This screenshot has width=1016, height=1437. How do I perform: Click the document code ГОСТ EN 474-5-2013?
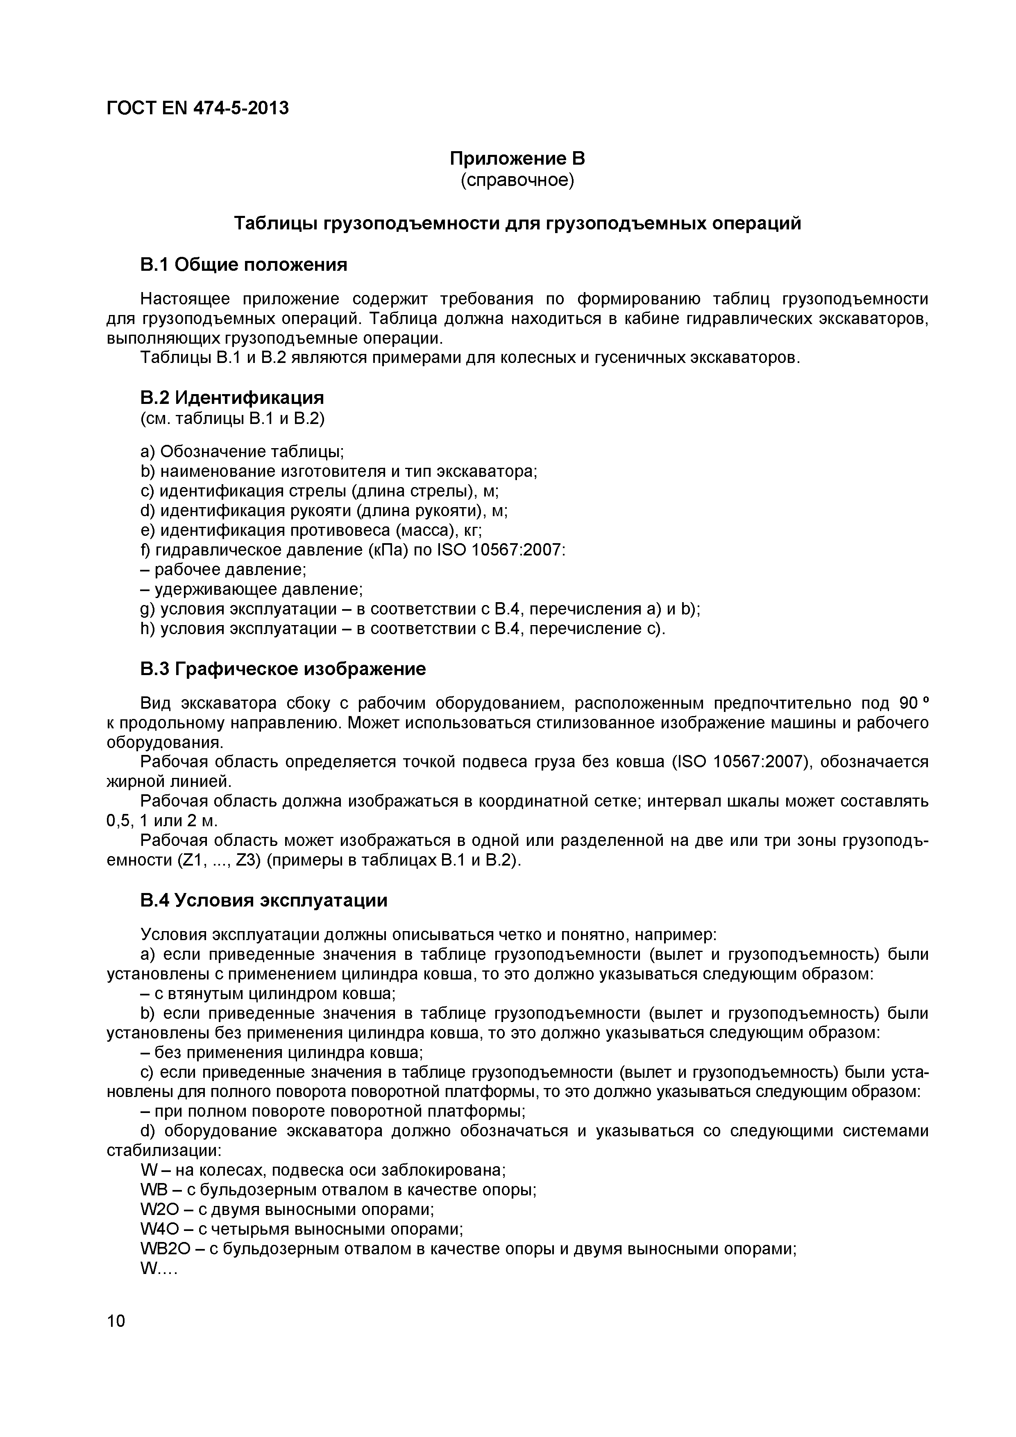pyautogui.click(x=198, y=108)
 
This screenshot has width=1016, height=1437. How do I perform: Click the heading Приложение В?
pyautogui.click(x=517, y=159)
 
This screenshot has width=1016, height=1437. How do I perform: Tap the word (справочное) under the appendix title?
pyautogui.click(x=517, y=180)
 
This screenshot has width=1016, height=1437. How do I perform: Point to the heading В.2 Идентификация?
pyautogui.click(x=232, y=397)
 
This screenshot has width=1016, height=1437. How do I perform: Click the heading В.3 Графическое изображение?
pyautogui.click(x=283, y=669)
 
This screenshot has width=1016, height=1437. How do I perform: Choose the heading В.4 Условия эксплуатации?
pyautogui.click(x=263, y=900)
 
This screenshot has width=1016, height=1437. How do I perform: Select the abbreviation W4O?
pyautogui.click(x=159, y=1229)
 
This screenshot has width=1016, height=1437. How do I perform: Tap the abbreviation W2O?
pyautogui.click(x=159, y=1209)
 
